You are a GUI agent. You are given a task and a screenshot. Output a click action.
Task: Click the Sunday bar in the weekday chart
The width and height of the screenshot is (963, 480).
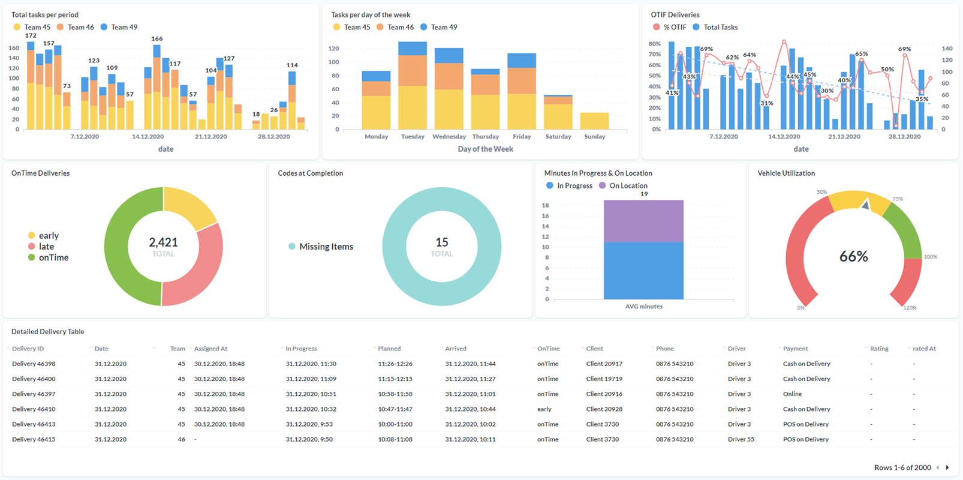594,121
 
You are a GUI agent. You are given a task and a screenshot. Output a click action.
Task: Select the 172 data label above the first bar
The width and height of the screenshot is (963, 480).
31,35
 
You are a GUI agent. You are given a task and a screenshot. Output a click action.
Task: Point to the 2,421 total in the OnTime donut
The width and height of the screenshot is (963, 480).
163,242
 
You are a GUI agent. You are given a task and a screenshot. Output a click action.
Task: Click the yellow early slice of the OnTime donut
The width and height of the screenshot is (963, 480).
188,206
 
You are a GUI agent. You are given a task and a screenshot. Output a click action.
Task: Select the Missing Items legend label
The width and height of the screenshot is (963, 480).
326,247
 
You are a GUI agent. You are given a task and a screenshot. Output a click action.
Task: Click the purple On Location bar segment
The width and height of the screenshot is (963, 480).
643,221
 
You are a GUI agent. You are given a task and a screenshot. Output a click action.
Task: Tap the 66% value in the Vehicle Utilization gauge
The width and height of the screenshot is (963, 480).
853,257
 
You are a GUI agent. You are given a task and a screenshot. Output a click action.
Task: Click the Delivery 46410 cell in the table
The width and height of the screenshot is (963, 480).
34,409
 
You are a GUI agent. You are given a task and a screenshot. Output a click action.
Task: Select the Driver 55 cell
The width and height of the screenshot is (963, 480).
741,439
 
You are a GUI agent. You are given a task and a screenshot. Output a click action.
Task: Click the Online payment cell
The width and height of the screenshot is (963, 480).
792,394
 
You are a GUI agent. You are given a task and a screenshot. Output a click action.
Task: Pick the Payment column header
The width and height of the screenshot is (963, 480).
795,349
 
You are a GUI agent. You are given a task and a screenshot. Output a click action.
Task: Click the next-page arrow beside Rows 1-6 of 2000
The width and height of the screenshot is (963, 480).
947,467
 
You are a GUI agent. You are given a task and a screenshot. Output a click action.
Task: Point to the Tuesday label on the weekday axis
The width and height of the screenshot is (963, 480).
413,137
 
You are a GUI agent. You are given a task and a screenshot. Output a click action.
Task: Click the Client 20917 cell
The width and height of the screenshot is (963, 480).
604,364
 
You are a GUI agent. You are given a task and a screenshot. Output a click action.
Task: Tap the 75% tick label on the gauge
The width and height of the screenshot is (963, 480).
898,199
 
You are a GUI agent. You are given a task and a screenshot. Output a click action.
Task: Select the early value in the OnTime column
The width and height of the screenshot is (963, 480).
544,409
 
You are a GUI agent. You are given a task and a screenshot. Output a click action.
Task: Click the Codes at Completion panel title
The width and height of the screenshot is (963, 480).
310,173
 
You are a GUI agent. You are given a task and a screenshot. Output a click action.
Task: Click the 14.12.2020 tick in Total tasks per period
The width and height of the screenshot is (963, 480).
148,137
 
